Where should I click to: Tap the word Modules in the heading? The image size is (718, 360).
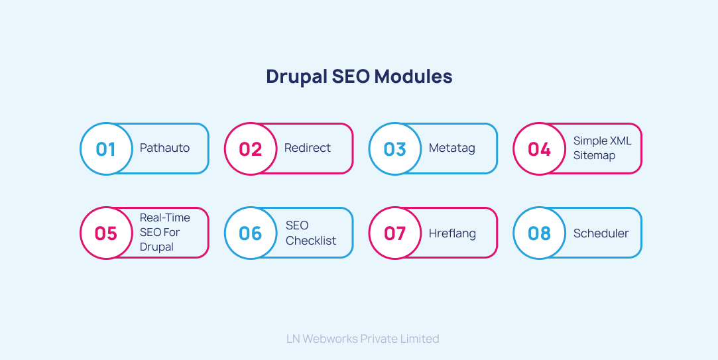414,77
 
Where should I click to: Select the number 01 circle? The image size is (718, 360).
106,149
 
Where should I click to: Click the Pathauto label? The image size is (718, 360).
164,148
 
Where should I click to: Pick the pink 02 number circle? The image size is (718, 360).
251,149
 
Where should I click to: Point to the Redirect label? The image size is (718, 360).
308,148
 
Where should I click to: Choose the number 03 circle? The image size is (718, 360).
395,149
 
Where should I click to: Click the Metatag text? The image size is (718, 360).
452,148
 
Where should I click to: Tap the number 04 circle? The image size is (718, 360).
540,149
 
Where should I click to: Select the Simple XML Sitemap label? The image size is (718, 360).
602,148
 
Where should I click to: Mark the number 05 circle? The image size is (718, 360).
106,233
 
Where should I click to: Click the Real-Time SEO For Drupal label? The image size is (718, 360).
164,232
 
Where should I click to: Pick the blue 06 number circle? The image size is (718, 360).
251,233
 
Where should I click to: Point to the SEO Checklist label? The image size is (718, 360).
311,233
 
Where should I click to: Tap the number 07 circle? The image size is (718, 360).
395,233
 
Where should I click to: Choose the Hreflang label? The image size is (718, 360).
452,233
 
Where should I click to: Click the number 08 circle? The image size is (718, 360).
540,233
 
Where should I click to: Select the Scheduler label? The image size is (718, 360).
601,233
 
